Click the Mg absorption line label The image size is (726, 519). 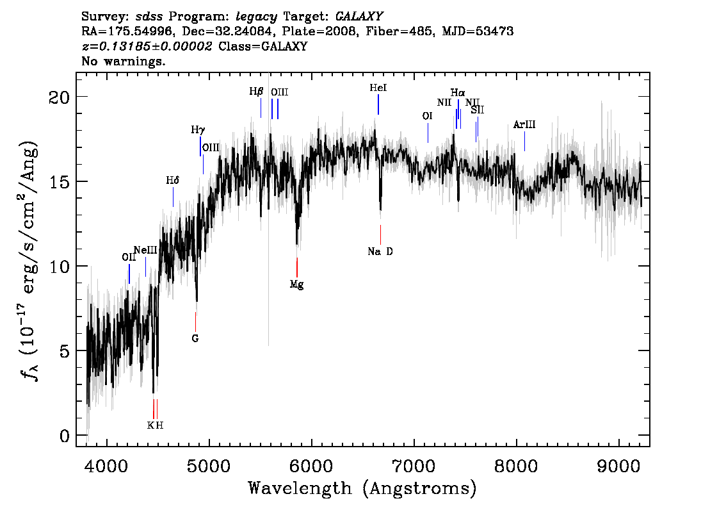tap(297, 284)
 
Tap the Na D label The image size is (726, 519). tap(380, 252)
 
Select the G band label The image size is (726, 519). tap(195, 339)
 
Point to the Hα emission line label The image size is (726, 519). tap(458, 93)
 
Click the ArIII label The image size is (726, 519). tap(524, 125)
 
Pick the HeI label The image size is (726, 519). tap(378, 88)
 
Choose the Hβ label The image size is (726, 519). tap(256, 91)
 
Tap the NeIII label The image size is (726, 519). tap(145, 251)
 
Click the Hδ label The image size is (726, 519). tap(173, 180)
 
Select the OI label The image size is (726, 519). tap(428, 116)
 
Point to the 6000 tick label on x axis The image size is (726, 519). tap(312, 466)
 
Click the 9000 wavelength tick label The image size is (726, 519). tap(618, 466)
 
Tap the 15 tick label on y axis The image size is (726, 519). tap(60, 182)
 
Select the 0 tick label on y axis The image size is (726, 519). tap(65, 436)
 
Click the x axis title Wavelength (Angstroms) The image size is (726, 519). tap(362, 488)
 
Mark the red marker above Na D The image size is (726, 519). tap(380, 235)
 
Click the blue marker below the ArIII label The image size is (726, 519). tap(524, 142)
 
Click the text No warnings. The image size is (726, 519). tap(123, 61)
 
